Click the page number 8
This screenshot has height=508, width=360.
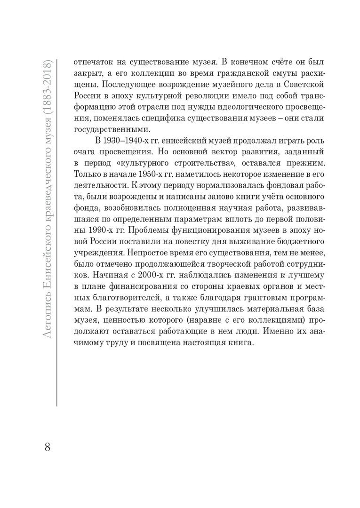click(x=47, y=446)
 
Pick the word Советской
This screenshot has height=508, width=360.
click(x=288, y=86)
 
